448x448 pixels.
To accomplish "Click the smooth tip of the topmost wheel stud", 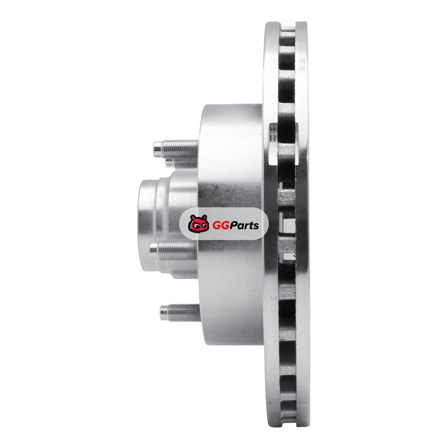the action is tap(157, 147).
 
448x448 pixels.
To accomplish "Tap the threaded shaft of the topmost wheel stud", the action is tap(180, 147).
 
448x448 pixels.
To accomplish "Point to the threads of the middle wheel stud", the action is tap(178, 250).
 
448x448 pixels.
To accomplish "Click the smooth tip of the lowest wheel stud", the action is tap(164, 312).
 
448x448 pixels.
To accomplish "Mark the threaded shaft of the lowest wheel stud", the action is tap(184, 312).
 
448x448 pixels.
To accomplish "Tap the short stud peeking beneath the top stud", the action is tap(169, 163).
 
